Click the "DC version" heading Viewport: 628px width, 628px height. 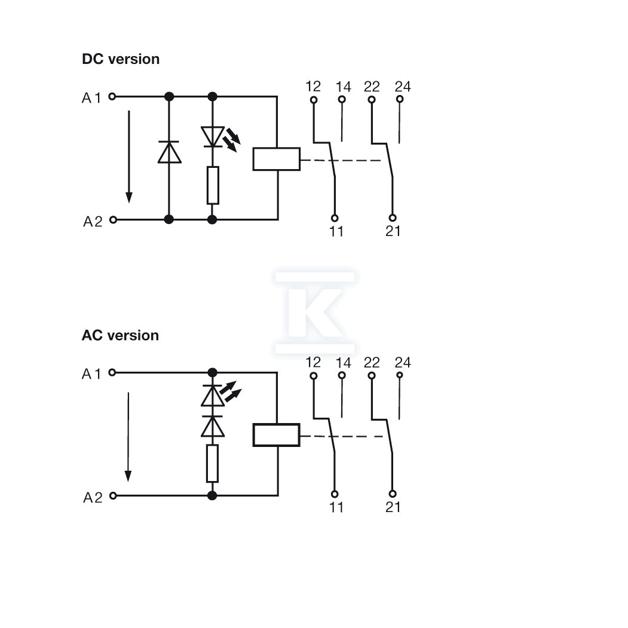pos(121,59)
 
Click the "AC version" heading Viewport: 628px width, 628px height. pos(120,335)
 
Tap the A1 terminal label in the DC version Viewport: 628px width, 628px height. pos(91,98)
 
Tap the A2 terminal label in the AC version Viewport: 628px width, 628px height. pos(93,497)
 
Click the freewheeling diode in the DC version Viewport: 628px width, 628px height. pos(169,152)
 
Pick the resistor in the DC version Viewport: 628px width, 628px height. pos(213,185)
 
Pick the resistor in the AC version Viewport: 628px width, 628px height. pos(212,464)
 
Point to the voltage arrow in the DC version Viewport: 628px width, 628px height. pos(129,157)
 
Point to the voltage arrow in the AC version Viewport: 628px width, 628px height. pos(128,437)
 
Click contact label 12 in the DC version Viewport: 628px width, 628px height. pos(313,86)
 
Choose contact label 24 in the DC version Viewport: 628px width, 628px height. pos(403,86)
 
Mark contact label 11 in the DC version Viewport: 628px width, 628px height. pos(336,231)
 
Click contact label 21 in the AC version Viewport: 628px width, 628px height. pos(393,507)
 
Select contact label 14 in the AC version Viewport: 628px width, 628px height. pos(343,363)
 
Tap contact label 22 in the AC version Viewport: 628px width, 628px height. pos(372,363)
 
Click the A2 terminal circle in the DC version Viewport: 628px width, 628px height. pos(114,219)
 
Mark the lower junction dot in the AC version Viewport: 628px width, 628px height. pos(212,495)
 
